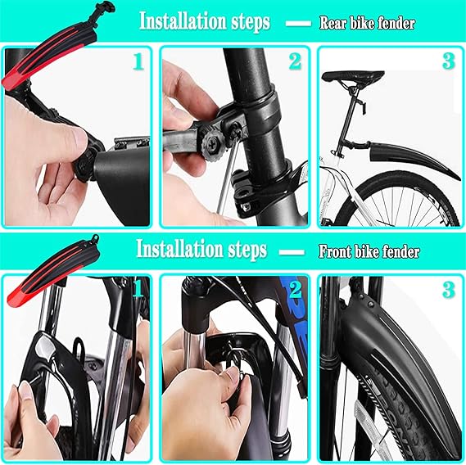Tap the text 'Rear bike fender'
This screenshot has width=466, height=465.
click(x=366, y=23)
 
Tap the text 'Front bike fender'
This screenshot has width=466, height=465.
click(x=369, y=252)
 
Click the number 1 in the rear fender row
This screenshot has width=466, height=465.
click(x=137, y=62)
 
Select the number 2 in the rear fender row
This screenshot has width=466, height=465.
click(x=294, y=62)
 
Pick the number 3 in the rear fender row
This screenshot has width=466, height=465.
click(x=447, y=62)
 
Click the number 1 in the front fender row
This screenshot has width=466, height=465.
click(x=138, y=287)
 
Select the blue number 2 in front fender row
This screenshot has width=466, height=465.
click(x=294, y=289)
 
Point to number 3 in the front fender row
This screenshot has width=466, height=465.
click(x=447, y=289)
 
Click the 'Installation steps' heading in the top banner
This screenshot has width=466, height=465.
click(x=204, y=22)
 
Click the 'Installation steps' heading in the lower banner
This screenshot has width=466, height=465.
click(x=201, y=248)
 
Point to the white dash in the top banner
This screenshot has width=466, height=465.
click(x=297, y=24)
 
